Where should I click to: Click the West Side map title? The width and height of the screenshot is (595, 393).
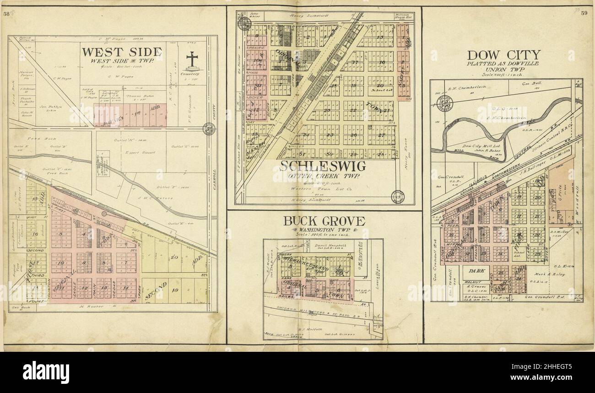(121, 52)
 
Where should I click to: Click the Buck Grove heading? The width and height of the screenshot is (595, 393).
(324, 221)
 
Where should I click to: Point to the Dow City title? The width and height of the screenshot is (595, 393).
(503, 55)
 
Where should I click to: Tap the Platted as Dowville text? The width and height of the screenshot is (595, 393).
(503, 63)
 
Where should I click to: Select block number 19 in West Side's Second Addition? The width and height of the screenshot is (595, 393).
(174, 290)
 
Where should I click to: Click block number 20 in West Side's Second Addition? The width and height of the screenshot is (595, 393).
(174, 257)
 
